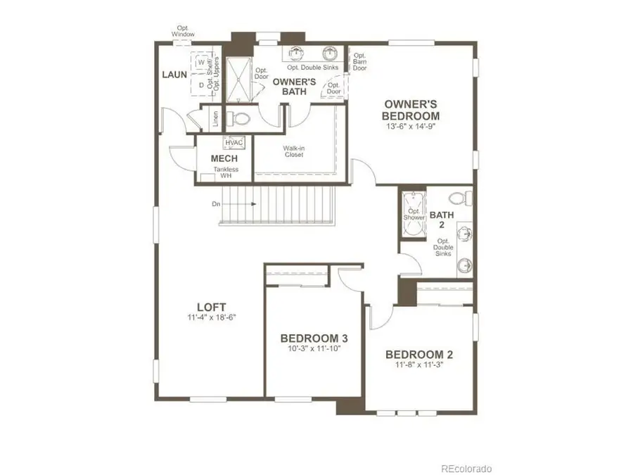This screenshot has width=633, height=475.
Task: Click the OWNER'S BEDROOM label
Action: click(x=411, y=110)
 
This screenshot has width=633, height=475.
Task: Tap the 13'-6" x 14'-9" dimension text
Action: click(x=411, y=127)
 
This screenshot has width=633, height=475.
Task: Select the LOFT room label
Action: click(x=211, y=307)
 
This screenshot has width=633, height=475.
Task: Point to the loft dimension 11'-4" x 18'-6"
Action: click(x=211, y=318)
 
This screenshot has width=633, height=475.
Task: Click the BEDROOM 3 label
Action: click(x=314, y=338)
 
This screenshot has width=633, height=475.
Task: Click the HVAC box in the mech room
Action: click(x=234, y=143)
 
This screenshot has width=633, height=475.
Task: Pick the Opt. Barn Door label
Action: click(x=359, y=61)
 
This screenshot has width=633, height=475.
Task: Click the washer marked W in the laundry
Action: click(x=202, y=63)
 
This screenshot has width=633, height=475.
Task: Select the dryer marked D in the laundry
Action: click(x=202, y=85)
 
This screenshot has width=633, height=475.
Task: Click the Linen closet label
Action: click(x=216, y=119)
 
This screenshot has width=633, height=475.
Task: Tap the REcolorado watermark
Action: click(x=466, y=468)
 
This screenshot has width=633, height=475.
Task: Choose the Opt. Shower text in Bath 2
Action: click(x=414, y=214)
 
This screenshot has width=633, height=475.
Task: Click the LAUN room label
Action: click(x=174, y=74)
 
